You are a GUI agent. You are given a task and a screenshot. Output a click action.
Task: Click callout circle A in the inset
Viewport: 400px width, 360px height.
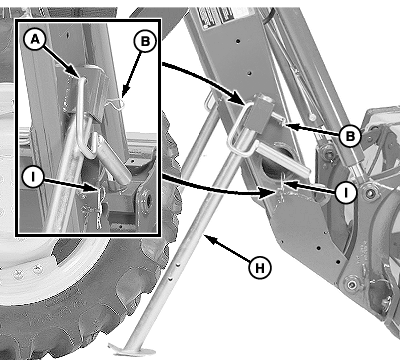[x=35, y=39]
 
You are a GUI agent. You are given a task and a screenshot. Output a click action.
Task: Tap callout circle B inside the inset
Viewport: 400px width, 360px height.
[x=145, y=41]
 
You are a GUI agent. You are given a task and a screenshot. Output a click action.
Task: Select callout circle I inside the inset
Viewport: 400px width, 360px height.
[x=33, y=177]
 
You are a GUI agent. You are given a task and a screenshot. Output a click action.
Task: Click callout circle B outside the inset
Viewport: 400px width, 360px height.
[x=350, y=136]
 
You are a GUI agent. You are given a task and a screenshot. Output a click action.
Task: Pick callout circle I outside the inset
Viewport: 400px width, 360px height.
[x=346, y=192]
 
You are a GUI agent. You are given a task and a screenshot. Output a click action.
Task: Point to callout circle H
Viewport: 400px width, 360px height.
[x=260, y=267]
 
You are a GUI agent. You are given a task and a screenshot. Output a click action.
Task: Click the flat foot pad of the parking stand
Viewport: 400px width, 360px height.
[x=132, y=350]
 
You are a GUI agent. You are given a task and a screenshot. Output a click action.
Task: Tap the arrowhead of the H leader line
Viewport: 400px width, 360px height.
[x=207, y=238]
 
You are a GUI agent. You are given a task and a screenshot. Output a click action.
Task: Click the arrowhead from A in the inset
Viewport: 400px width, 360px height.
[x=78, y=74]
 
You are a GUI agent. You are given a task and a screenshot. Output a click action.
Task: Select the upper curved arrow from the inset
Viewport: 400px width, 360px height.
[x=204, y=77]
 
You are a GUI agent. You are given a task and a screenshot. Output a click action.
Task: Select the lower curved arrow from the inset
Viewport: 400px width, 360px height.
[x=217, y=189]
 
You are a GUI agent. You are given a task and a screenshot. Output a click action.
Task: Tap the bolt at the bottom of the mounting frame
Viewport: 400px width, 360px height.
[x=351, y=285]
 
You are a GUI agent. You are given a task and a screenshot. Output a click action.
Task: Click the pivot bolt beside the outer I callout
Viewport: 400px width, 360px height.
[x=369, y=192]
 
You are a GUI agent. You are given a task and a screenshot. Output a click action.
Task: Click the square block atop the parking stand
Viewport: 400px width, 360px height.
[x=263, y=111]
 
